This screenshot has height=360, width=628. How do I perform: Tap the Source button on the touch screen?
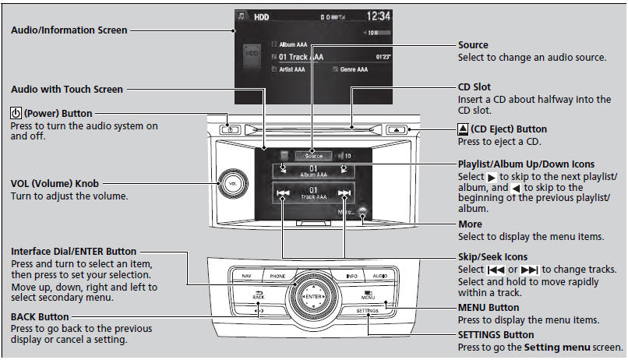[313, 155]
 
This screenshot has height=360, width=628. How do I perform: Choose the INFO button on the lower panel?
[352, 276]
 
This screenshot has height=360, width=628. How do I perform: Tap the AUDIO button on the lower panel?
[379, 276]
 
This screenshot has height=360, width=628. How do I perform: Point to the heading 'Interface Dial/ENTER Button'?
[73, 252]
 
